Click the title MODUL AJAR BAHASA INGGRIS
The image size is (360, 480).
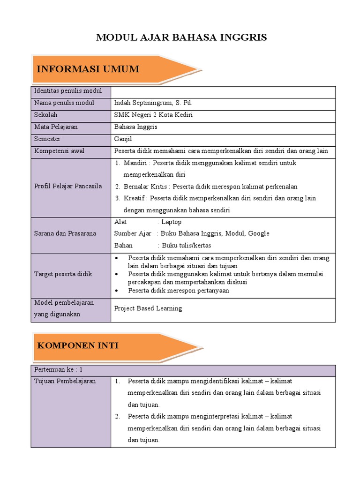click(181, 37)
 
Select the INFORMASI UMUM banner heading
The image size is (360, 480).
click(88, 69)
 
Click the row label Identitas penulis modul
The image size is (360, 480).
click(64, 90)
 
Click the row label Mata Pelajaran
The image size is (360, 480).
click(56, 127)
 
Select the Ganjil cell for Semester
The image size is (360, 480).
click(123, 139)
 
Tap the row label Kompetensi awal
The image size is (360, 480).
click(59, 151)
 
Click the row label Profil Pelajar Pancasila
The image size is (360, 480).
click(68, 186)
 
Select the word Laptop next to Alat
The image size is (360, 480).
click(171, 222)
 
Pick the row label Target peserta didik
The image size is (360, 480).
click(63, 274)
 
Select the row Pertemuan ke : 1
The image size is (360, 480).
click(58, 370)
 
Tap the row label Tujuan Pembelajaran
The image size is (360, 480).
click(65, 381)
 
